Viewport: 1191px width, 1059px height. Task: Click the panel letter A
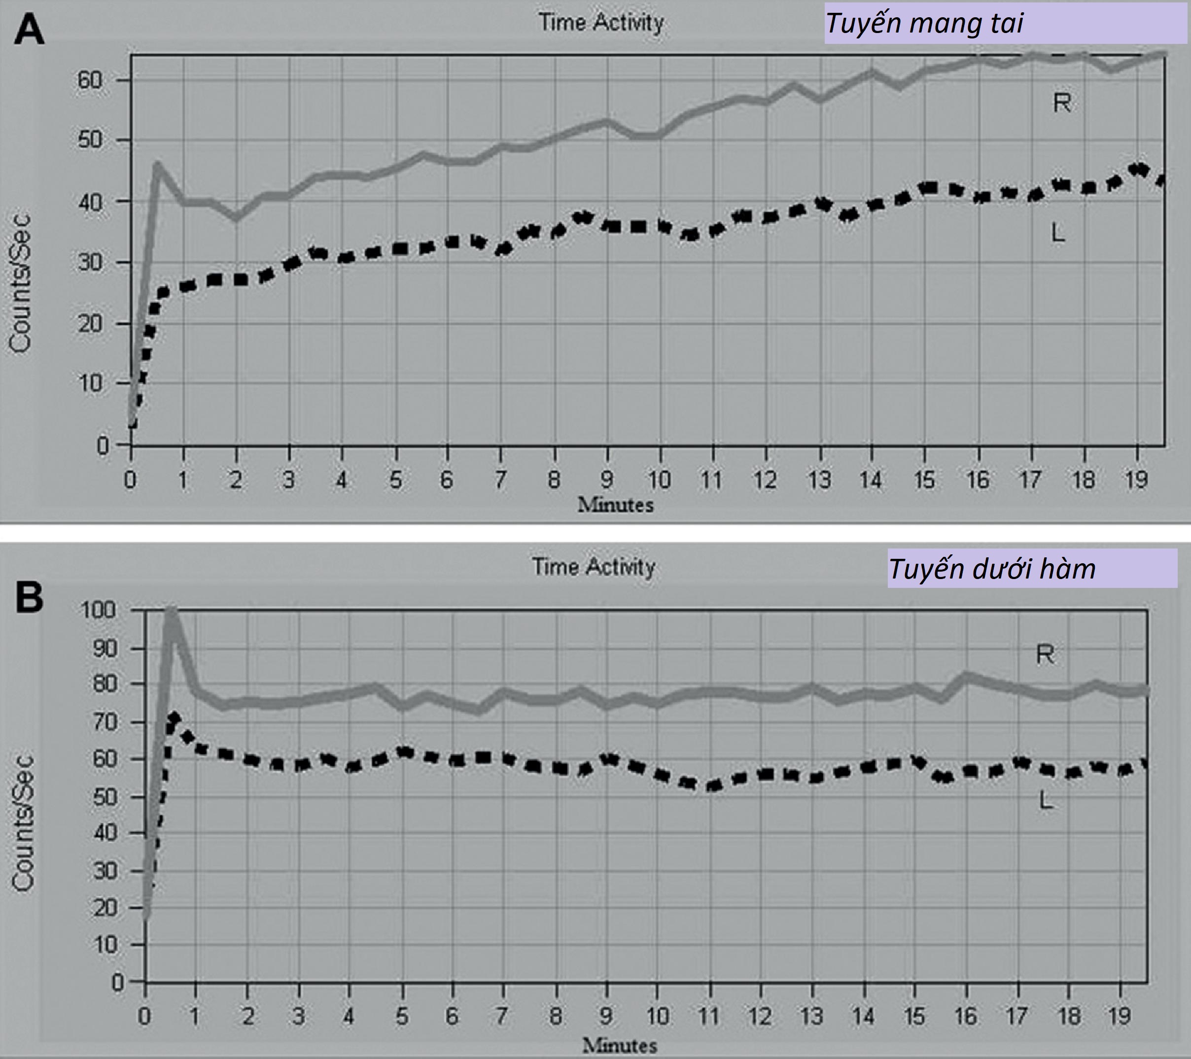tap(29, 30)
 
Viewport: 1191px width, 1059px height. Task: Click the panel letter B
tap(29, 598)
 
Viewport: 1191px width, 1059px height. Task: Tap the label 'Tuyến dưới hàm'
tap(992, 569)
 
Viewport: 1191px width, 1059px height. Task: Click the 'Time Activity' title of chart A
tap(601, 23)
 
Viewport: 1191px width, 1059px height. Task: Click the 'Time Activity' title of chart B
tap(593, 566)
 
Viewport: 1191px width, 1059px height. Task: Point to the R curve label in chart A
tap(1062, 103)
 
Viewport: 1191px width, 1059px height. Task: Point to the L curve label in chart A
tap(1057, 234)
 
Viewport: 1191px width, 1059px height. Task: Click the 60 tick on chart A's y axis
tap(91, 80)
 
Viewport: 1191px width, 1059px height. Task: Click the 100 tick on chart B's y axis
tap(103, 611)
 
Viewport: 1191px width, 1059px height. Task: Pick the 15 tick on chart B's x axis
tap(915, 1017)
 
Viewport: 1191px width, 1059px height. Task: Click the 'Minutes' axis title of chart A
tap(615, 505)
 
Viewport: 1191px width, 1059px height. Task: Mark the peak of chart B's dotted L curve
tap(173, 716)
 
